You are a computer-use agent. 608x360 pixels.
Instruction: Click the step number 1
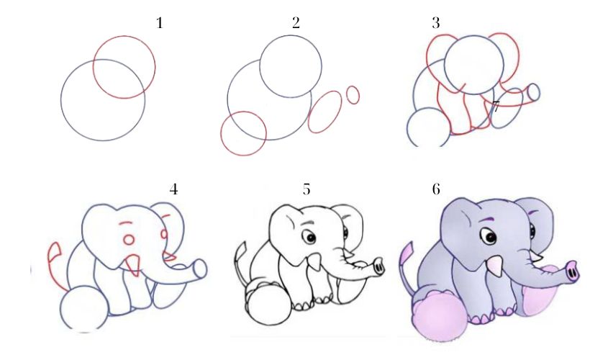click(160, 23)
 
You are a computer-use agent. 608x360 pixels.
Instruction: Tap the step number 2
click(296, 23)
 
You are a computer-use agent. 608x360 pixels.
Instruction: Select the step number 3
click(436, 23)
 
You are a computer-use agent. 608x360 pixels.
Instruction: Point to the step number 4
click(173, 189)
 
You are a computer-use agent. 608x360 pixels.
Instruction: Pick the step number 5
click(307, 189)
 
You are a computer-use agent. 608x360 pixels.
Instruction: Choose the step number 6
click(436, 189)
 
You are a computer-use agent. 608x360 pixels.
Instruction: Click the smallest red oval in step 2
click(353, 94)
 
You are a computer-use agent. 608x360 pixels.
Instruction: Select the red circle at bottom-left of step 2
click(243, 133)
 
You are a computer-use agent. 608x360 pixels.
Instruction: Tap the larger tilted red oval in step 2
click(325, 112)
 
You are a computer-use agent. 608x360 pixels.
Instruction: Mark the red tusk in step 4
click(132, 264)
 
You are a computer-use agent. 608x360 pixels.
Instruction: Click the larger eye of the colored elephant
click(489, 236)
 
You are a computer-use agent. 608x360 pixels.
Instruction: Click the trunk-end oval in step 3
click(533, 92)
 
